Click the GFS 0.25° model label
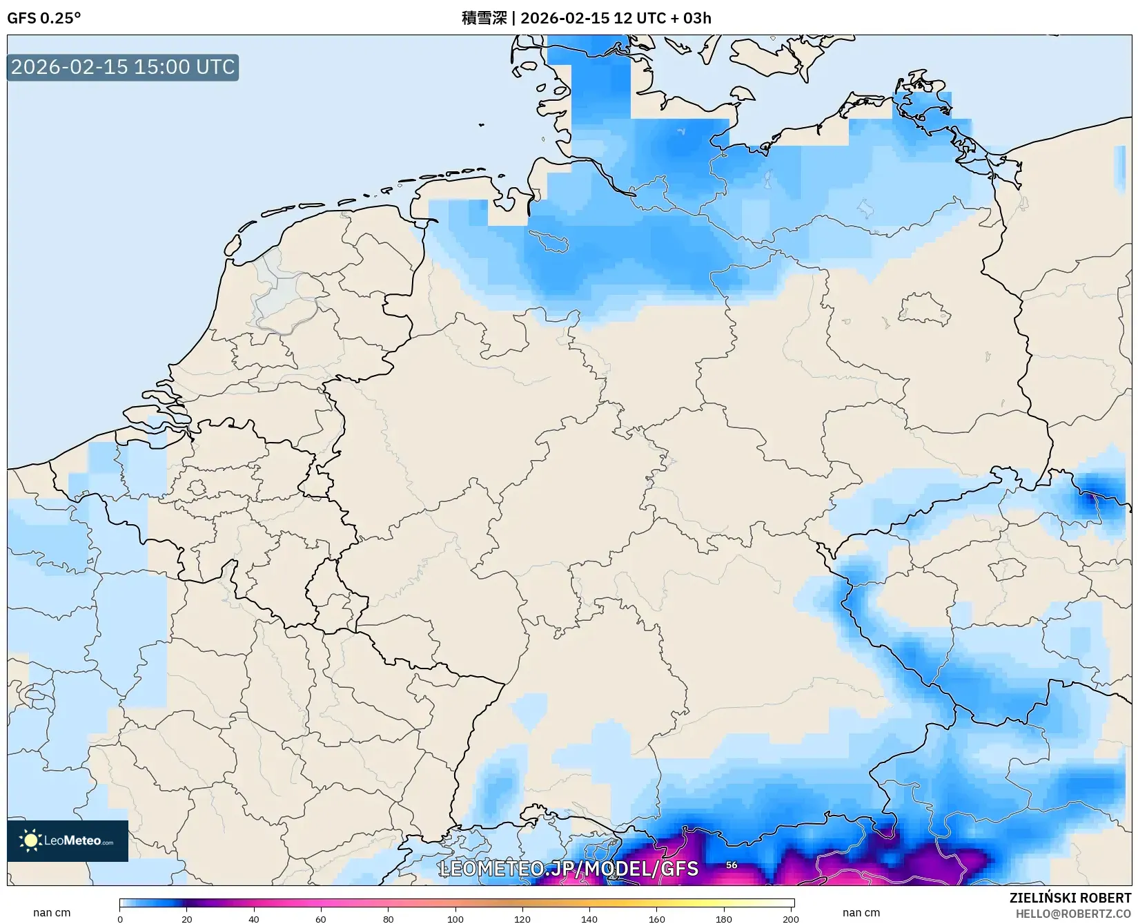click(x=43, y=18)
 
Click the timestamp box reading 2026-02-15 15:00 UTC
click(x=123, y=67)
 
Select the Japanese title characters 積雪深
click(x=484, y=18)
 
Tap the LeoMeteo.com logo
click(x=68, y=840)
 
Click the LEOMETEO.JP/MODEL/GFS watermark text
click(x=569, y=868)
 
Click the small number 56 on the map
click(x=732, y=865)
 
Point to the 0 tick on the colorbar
click(x=120, y=918)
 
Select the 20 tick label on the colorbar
click(x=187, y=918)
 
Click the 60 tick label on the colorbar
click(x=321, y=918)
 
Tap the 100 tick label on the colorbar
click(x=455, y=918)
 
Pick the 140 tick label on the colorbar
click(x=589, y=918)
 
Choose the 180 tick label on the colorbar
click(x=724, y=918)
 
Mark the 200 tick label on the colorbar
click(x=791, y=918)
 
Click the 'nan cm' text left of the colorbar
click(x=52, y=912)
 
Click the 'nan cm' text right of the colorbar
click(x=861, y=912)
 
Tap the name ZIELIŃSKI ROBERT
click(x=1070, y=898)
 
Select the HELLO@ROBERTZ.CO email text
click(x=1073, y=914)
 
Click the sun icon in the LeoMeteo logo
click(x=31, y=840)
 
